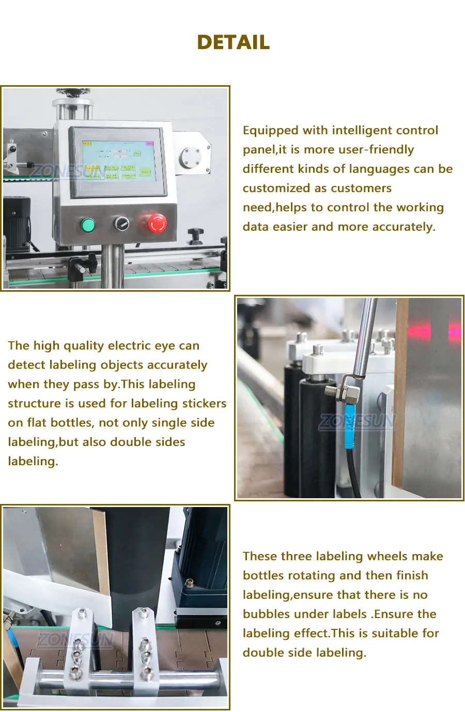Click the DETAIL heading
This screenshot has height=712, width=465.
coord(233,42)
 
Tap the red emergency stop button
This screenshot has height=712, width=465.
coord(157,223)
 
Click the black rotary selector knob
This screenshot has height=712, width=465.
coord(122,224)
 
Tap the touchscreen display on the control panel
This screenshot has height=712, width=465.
coord(118,161)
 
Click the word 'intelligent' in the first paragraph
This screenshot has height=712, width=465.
coord(363,130)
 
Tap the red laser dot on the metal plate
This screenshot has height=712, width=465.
coord(61,545)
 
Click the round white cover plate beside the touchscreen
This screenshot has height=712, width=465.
coord(191,157)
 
